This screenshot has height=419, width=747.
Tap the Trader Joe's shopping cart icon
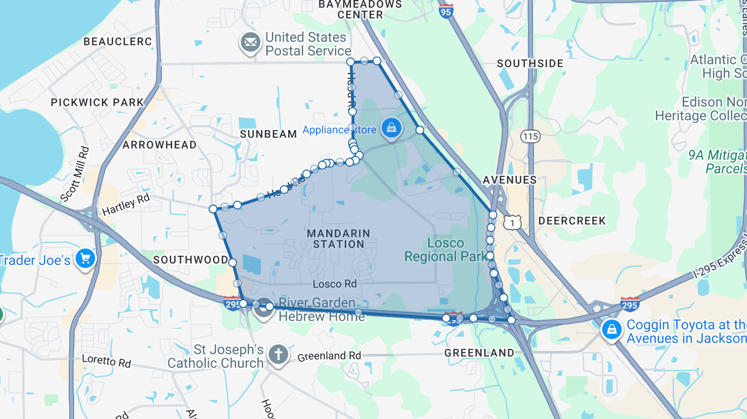[85, 258]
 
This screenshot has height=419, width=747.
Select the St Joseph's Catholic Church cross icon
[278, 355]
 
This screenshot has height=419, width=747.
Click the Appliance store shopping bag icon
[391, 128]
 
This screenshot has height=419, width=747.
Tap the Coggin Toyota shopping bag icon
[612, 330]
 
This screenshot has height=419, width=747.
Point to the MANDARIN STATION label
[338, 239]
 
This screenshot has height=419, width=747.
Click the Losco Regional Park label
[445, 250]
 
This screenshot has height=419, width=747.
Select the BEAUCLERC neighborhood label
[117, 42]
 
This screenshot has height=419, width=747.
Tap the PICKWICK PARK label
[97, 103]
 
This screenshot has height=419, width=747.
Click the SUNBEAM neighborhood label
[269, 134]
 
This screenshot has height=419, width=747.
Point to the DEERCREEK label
[572, 221]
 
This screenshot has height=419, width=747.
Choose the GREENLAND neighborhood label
[479, 353]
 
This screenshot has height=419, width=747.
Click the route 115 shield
[530, 137]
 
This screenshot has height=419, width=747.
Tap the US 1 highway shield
[512, 222]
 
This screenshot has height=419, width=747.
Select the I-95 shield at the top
[446, 11]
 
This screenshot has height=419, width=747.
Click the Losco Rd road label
[334, 284]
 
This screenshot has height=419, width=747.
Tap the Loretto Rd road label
[106, 361]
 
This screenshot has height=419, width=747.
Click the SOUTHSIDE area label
[530, 64]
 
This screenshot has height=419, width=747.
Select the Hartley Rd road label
[125, 204]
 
